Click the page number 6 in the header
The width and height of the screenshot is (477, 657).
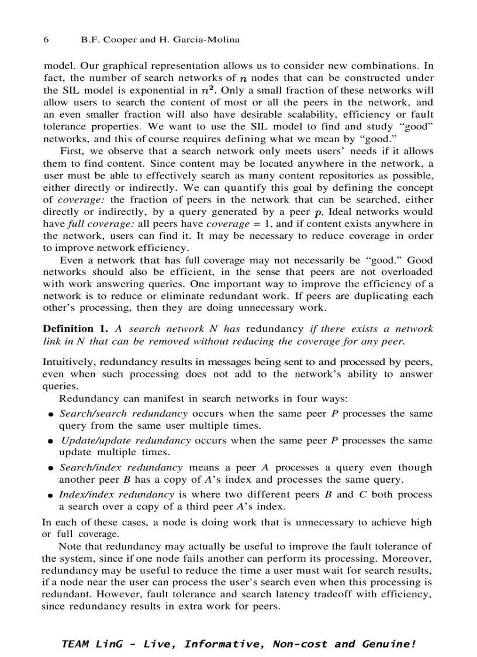46,40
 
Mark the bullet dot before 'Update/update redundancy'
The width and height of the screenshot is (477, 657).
51,441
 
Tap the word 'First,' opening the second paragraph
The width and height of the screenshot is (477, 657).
71,152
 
